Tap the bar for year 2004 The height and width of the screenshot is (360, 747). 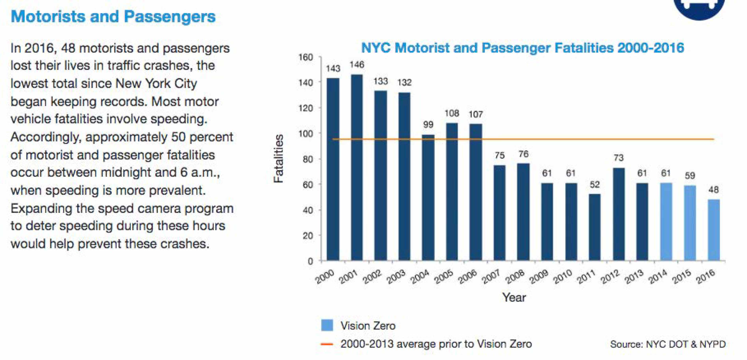click(428, 197)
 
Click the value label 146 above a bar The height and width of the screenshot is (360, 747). click(357, 65)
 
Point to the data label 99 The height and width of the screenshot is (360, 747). click(428, 124)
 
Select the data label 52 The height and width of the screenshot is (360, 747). click(595, 184)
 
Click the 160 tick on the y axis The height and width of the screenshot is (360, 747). click(306, 57)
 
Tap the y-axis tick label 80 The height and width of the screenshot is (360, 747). click(308, 159)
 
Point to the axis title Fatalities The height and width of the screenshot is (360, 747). click(279, 158)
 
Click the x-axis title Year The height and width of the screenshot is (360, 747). click(514, 297)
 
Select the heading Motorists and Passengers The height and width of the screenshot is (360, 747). click(113, 17)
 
